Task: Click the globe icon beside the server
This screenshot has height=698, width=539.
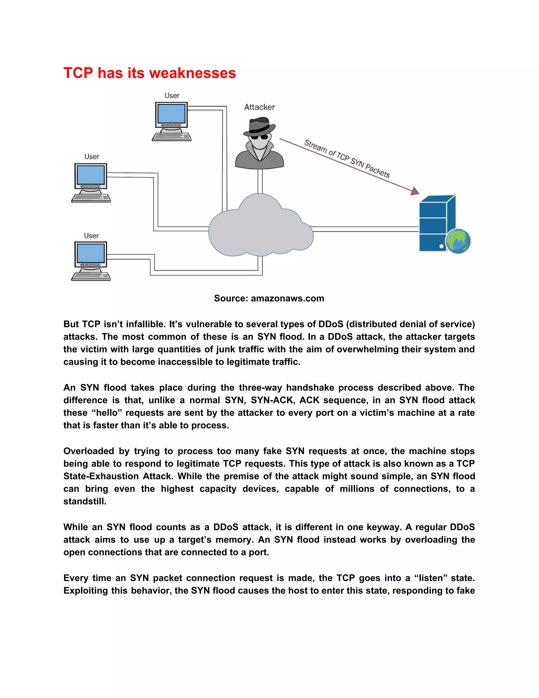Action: pyautogui.click(x=458, y=241)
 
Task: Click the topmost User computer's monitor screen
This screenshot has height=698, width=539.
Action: pyautogui.click(x=172, y=114)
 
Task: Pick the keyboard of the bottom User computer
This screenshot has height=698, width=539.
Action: pyautogui.click(x=91, y=277)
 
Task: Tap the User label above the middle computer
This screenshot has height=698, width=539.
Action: pyautogui.click(x=92, y=157)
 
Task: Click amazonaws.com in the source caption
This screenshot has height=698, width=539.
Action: pyautogui.click(x=287, y=298)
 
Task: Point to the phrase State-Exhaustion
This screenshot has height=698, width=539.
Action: pyautogui.click(x=101, y=476)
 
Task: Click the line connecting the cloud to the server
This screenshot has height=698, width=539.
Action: pyautogui.click(x=364, y=229)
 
